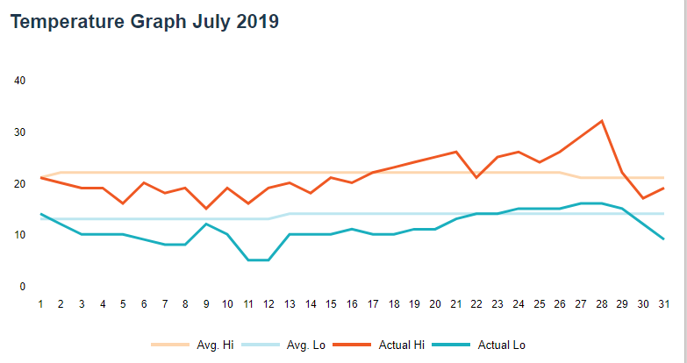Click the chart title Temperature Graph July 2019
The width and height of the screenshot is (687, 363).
click(145, 22)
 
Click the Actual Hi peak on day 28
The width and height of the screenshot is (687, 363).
click(601, 121)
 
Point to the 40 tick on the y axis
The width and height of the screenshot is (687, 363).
click(21, 81)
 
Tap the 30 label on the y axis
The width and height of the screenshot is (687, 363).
click(21, 132)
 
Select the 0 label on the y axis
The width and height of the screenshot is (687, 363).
click(21, 287)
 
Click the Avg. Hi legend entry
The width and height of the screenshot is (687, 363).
click(192, 345)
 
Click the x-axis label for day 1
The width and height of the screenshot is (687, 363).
click(40, 304)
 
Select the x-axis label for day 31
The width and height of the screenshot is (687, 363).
click(663, 304)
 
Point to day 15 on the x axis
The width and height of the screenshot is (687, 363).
click(331, 304)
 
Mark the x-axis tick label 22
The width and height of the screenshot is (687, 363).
click(476, 304)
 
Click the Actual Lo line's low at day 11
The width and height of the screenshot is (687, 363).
click(248, 260)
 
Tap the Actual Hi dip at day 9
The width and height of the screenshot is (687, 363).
click(206, 209)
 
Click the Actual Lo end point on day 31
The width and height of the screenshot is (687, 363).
click(663, 239)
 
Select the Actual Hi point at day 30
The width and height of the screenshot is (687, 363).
click(642, 198)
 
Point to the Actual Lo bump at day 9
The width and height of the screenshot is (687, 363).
click(206, 224)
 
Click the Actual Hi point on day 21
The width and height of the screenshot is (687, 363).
click(456, 152)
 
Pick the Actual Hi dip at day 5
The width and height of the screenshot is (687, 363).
click(124, 203)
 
